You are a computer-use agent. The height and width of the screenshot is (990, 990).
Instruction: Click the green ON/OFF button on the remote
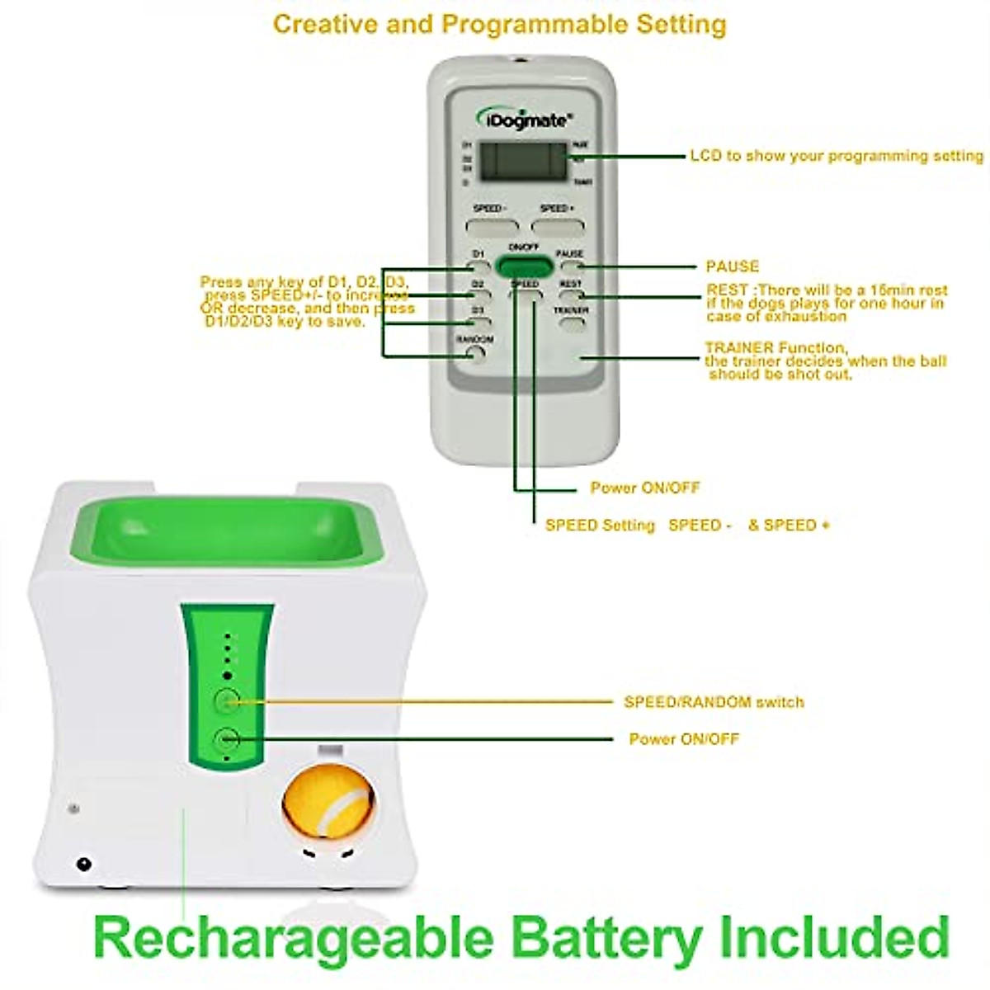click(523, 266)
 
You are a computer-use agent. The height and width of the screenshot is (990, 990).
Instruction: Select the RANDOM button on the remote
click(475, 354)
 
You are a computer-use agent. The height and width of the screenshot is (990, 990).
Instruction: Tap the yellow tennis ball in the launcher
click(328, 805)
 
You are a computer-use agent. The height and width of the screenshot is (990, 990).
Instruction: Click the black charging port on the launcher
click(82, 865)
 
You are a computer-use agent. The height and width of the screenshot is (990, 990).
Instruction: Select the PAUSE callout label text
click(732, 266)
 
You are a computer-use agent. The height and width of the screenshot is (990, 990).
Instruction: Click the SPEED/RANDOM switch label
click(714, 702)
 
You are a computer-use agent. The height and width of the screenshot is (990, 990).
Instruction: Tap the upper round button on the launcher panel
click(227, 701)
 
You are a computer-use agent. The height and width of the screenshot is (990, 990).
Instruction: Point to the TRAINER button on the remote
click(571, 323)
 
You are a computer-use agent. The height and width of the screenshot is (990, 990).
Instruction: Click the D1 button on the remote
click(478, 266)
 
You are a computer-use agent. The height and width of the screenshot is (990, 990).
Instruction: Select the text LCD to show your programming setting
click(836, 155)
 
